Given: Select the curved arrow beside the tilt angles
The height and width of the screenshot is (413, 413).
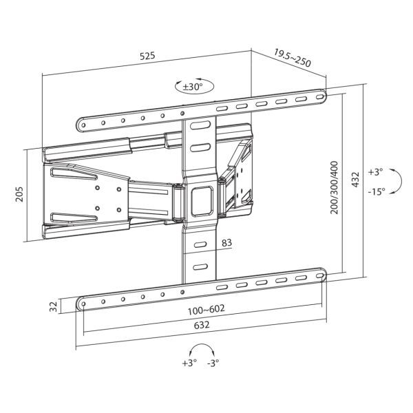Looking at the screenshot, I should coord(394,181).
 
